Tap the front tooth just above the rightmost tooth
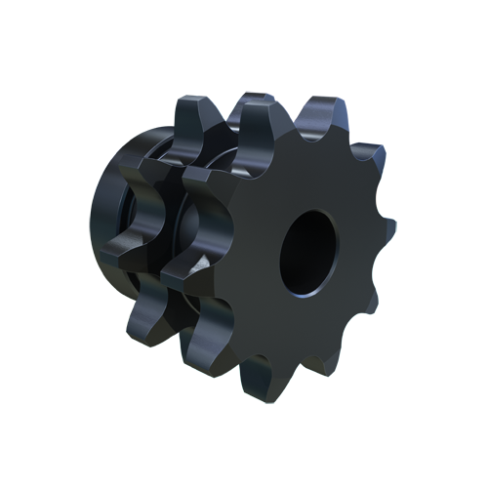click(x=366, y=156)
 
